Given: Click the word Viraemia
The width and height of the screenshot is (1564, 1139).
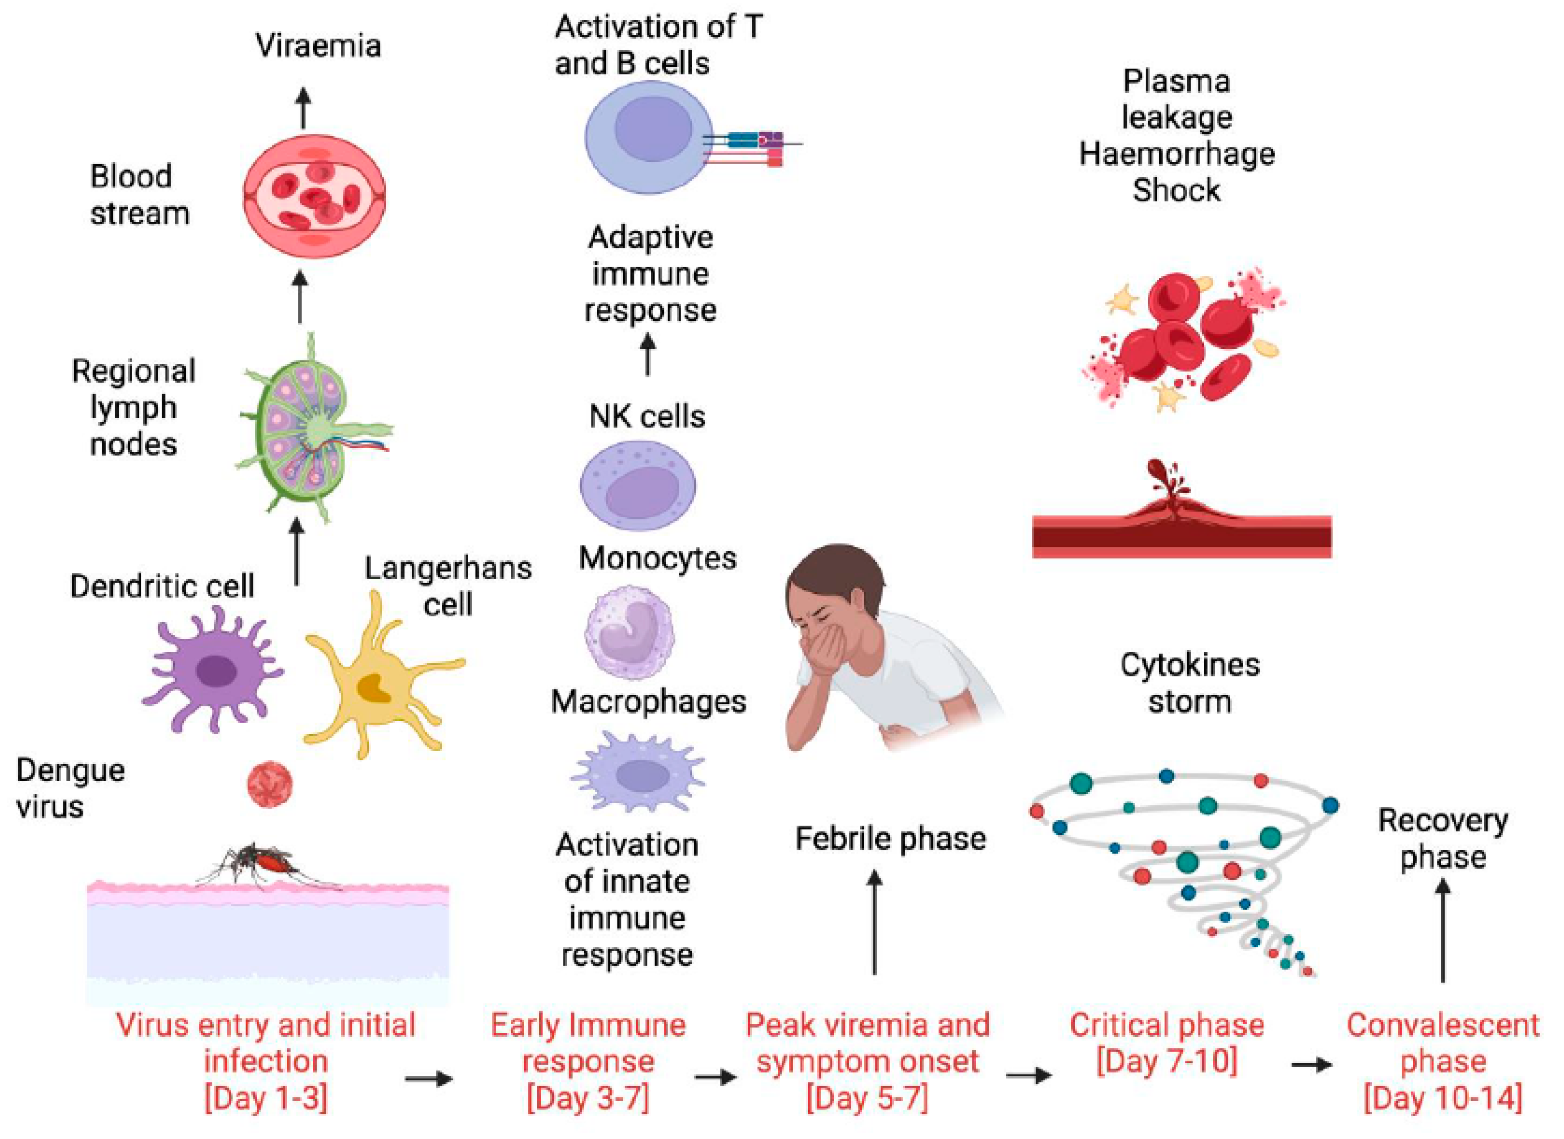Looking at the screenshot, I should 318,46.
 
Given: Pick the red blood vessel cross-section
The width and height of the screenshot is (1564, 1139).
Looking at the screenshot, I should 314,197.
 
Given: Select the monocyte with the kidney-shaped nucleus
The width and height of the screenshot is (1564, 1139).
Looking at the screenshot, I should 629,631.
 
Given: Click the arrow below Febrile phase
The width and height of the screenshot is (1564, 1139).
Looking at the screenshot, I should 875,921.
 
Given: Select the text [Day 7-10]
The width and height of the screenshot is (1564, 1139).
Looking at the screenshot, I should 1167,1061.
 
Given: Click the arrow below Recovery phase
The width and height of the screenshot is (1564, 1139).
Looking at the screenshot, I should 1443,931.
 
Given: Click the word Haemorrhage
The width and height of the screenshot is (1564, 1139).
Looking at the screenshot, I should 1176,153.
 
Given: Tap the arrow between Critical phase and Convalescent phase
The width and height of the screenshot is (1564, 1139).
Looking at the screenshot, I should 1311,1065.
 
